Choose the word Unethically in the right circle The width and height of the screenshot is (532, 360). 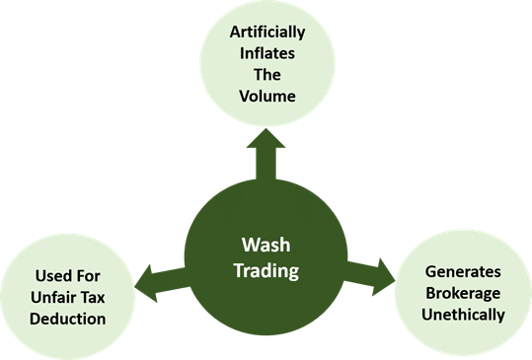463,316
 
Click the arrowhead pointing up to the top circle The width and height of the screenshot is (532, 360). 266,139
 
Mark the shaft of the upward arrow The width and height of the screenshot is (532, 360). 266,165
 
